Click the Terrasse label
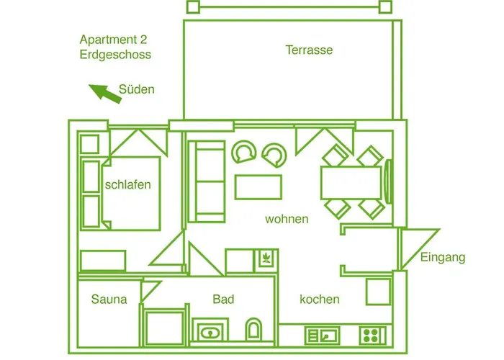click(x=309, y=50)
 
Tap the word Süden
click(x=136, y=89)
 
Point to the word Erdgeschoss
click(x=116, y=55)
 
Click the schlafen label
click(x=127, y=184)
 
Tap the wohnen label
click(x=287, y=219)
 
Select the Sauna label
click(x=109, y=300)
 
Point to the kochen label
click(x=319, y=300)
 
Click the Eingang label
click(x=443, y=257)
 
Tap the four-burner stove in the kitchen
click(x=372, y=335)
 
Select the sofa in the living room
click(x=206, y=181)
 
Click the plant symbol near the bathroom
click(x=266, y=257)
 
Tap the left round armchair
click(x=243, y=153)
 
